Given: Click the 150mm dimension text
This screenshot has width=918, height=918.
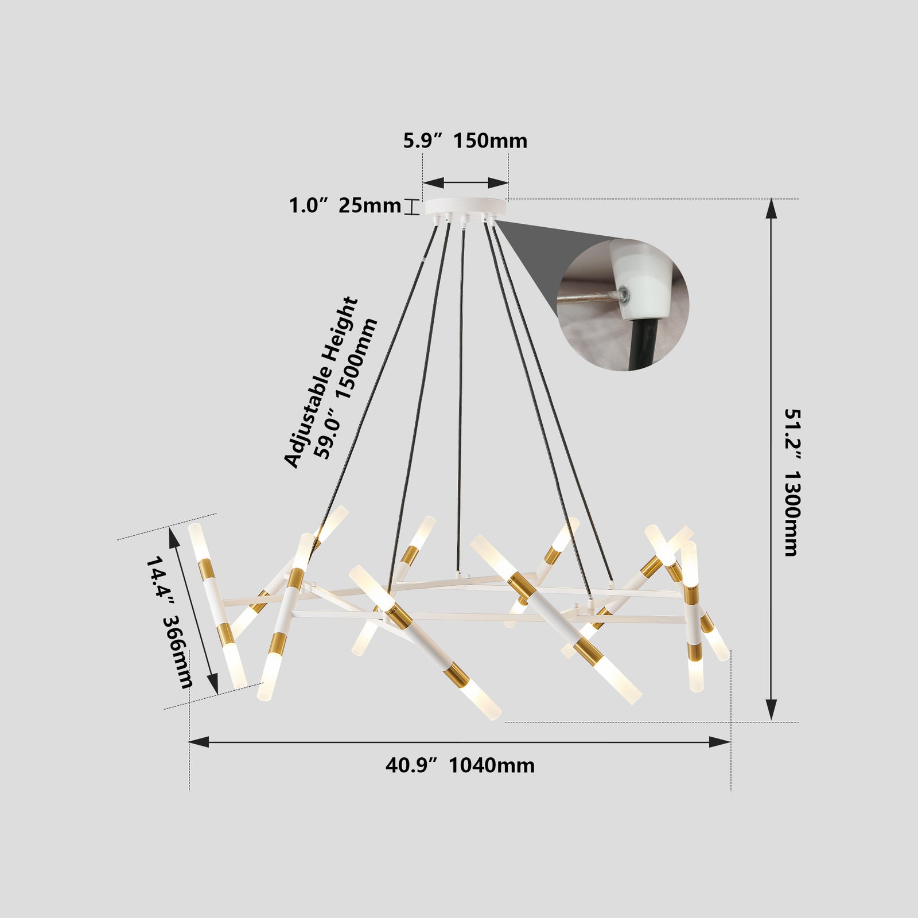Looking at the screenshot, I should [491, 141].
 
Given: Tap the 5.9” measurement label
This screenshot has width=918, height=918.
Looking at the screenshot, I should [425, 141].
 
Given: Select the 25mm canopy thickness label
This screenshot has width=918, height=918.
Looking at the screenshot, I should [369, 205].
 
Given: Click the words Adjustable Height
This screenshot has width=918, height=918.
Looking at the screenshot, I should [321, 382].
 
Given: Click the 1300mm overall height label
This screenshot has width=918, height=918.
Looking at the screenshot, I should [791, 514].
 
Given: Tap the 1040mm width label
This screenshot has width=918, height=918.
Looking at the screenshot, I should [491, 765].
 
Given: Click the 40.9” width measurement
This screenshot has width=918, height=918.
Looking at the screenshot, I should [411, 765].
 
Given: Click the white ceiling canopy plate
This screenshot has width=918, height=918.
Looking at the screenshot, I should [466, 206].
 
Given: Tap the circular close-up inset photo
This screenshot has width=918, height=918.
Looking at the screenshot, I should [623, 305].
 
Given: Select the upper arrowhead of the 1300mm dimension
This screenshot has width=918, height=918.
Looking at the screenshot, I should [772, 209].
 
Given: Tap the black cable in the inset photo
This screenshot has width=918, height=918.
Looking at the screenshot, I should [643, 344].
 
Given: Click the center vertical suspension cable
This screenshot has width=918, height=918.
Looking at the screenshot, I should [460, 402].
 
